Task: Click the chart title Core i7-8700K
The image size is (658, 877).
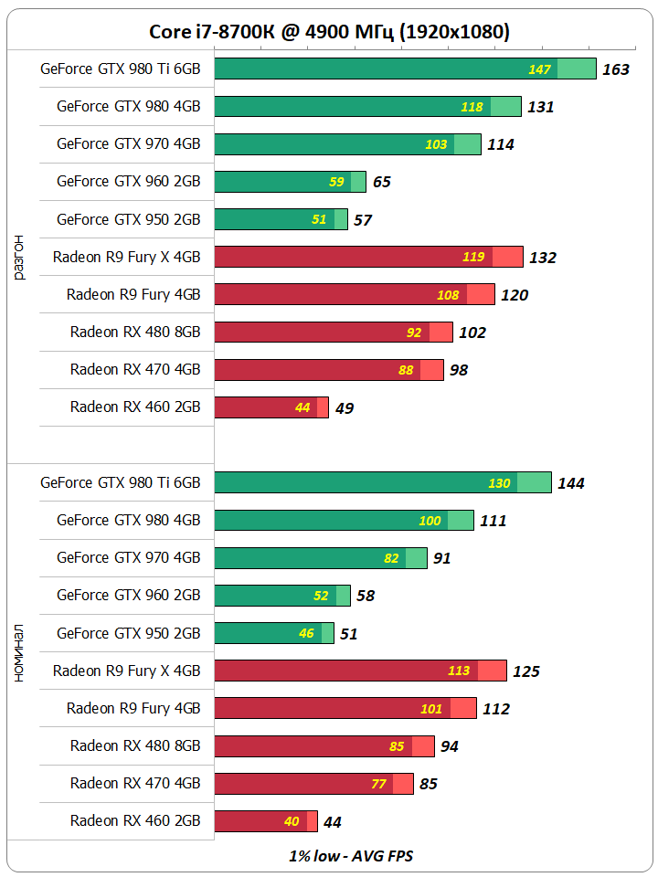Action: click(x=329, y=32)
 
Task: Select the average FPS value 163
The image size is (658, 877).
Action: click(x=616, y=69)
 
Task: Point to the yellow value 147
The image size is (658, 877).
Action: click(x=540, y=69)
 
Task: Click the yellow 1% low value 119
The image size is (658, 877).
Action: click(x=473, y=257)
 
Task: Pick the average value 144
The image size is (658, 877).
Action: click(x=571, y=484)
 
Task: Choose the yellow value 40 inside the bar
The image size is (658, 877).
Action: click(x=292, y=821)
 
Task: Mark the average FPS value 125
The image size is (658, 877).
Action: click(x=526, y=671)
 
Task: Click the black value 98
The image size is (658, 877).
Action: click(x=459, y=370)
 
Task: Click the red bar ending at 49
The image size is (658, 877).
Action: click(x=271, y=407)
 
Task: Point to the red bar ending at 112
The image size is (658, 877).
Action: click(x=345, y=708)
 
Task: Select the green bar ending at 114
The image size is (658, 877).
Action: click(x=347, y=144)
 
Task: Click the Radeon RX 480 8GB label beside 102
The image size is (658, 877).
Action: click(x=135, y=333)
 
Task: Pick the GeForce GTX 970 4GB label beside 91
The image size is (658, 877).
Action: click(x=129, y=558)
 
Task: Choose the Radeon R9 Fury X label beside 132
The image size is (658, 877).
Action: click(x=126, y=258)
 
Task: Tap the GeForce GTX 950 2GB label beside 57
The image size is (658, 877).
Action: click(x=129, y=220)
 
